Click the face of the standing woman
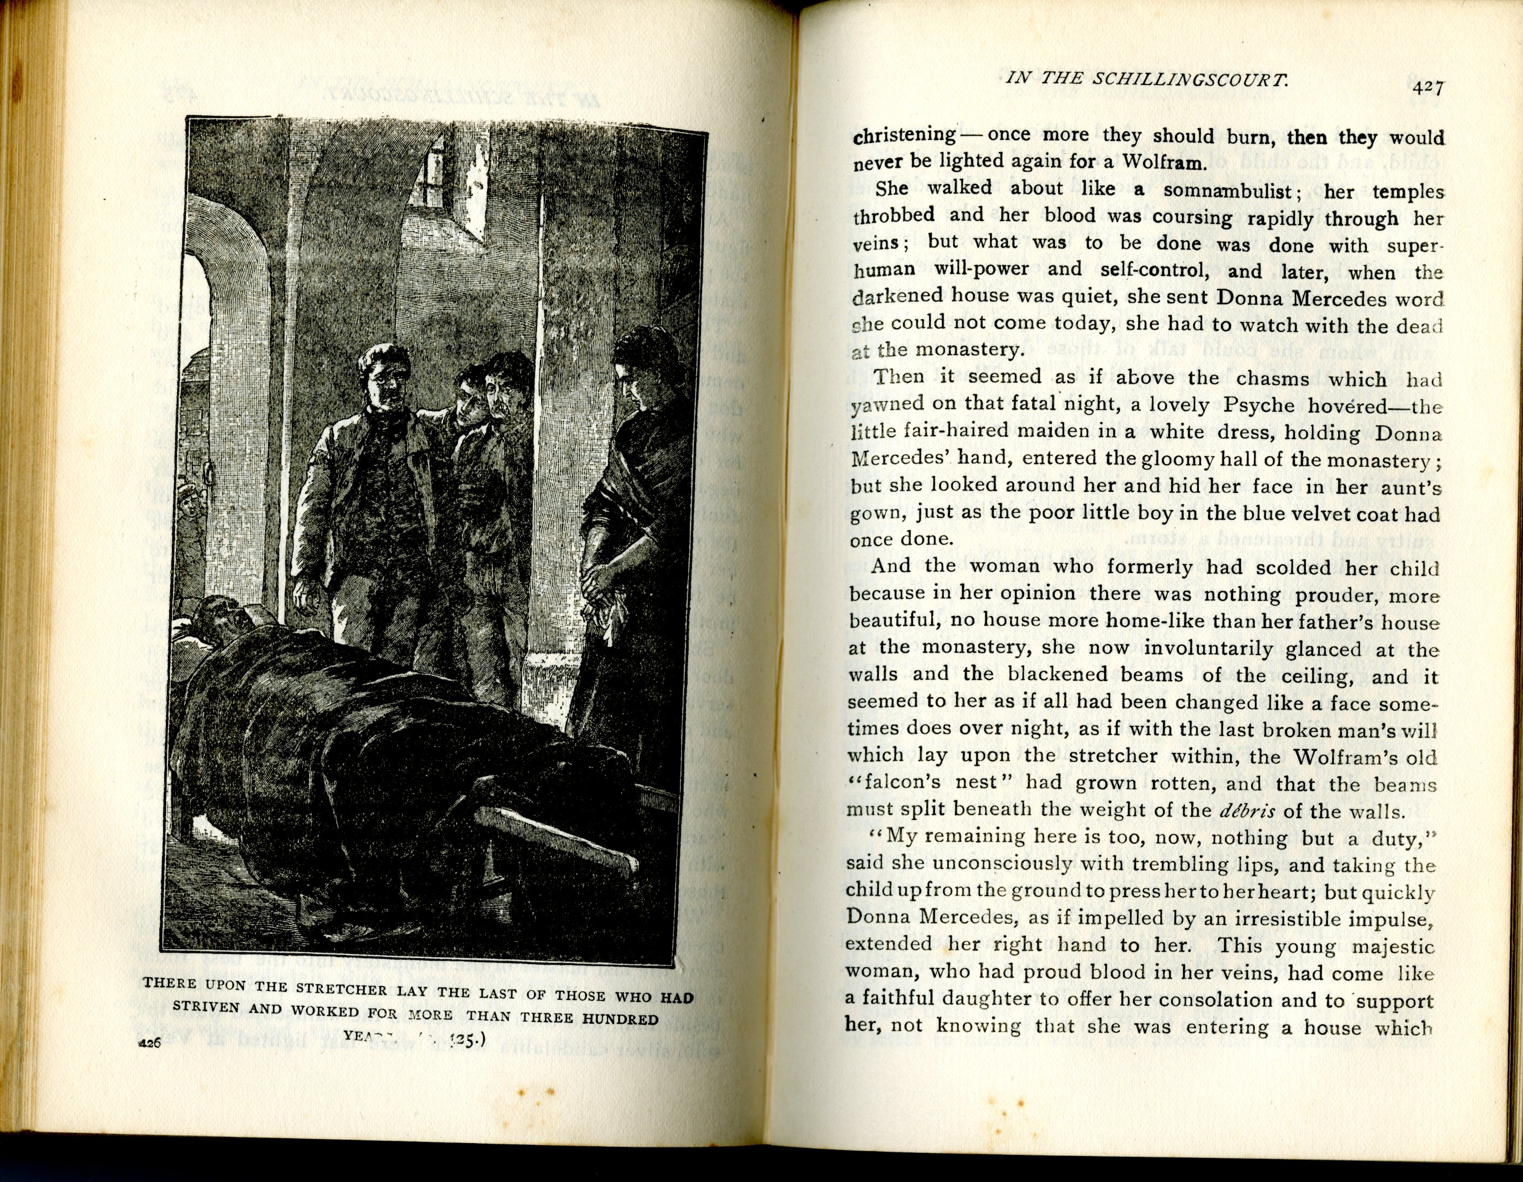635,384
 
